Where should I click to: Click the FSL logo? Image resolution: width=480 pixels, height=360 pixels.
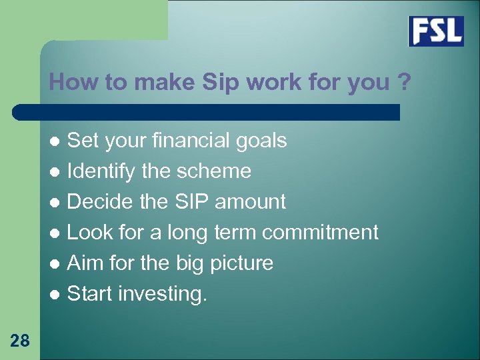pyautogui.click(x=436, y=31)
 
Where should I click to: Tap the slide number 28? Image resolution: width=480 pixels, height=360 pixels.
pyautogui.click(x=20, y=341)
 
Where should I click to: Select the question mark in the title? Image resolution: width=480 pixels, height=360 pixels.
pyautogui.click(x=403, y=83)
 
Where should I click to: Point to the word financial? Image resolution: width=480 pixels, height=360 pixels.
pyautogui.click(x=190, y=141)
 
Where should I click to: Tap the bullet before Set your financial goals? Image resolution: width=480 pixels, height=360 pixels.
pyautogui.click(x=57, y=141)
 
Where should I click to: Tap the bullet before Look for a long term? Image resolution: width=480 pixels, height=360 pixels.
pyautogui.click(x=57, y=233)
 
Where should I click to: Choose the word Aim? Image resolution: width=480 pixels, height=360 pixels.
pyautogui.click(x=86, y=263)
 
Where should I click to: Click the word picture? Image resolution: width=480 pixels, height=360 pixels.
pyautogui.click(x=241, y=263)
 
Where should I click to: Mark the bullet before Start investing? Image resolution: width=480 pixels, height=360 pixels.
pyautogui.click(x=57, y=294)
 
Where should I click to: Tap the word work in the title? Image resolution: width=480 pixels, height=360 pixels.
pyautogui.click(x=275, y=83)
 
